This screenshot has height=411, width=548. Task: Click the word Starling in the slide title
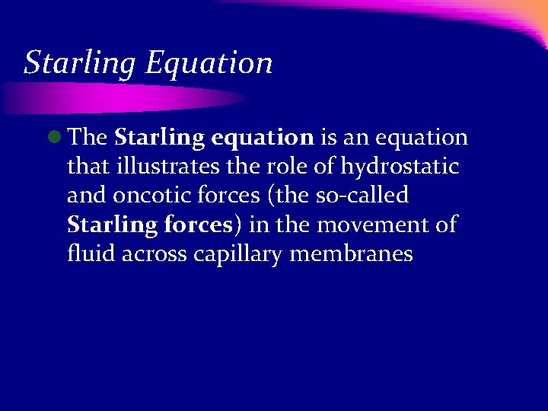click(79, 63)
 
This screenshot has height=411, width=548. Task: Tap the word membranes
click(351, 254)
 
